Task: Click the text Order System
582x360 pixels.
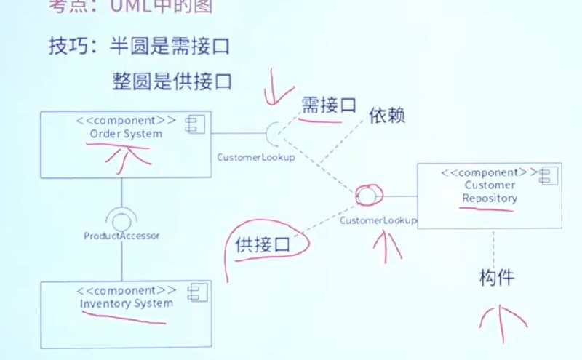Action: [x=126, y=135]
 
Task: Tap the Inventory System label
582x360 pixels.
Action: [x=127, y=303]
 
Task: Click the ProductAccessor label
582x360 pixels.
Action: [x=121, y=235]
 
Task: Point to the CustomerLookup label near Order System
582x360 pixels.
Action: [x=256, y=157]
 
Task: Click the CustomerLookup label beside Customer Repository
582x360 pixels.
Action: [x=378, y=219]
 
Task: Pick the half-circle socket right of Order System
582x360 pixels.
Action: [x=274, y=133]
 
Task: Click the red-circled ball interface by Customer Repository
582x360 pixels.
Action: [x=365, y=196]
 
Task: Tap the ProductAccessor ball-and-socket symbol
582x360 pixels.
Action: [x=121, y=216]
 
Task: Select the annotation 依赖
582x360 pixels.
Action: [x=386, y=115]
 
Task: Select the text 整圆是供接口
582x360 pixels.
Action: [x=172, y=79]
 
